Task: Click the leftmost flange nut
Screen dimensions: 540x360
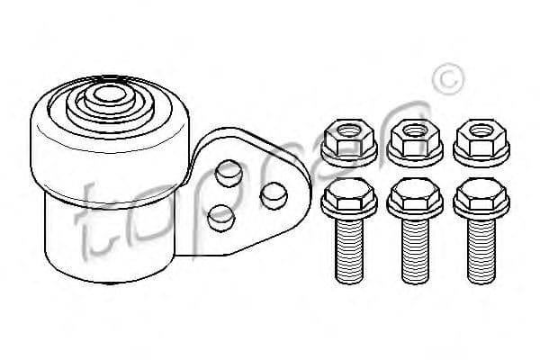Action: coord(349,143)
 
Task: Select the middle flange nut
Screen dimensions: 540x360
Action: coord(415,143)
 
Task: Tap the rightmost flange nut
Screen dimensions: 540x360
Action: coord(481,143)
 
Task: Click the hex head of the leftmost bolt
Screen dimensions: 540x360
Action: coord(349,194)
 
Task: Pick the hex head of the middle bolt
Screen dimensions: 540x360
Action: coord(415,194)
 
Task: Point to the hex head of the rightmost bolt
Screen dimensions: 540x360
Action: coord(481,194)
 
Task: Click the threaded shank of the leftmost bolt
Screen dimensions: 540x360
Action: coord(349,251)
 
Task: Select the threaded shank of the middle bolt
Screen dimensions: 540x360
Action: coord(415,251)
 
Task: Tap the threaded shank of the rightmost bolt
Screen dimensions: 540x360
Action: coord(481,251)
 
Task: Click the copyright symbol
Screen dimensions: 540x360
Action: coord(448,79)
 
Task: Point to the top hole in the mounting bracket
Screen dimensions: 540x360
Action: coord(229,174)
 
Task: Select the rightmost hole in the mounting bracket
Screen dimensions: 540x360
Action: coord(274,195)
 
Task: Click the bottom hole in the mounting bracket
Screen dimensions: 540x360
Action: coord(221,218)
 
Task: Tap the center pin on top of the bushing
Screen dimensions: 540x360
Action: coord(110,94)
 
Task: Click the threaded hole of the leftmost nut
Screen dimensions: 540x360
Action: coord(349,130)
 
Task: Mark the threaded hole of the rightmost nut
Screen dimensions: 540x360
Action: coord(481,130)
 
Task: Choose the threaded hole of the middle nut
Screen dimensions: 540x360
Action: coord(415,130)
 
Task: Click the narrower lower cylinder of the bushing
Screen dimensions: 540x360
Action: coord(110,241)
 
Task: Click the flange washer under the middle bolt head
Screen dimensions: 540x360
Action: coord(415,209)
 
